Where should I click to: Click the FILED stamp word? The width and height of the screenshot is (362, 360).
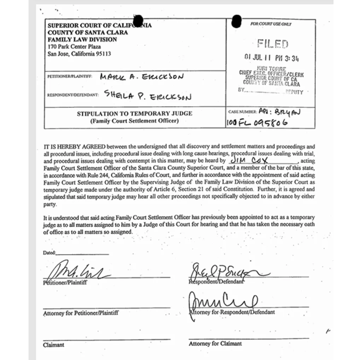pyautogui.click(x=273, y=44)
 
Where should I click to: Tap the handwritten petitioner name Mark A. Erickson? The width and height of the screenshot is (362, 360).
pyautogui.click(x=142, y=76)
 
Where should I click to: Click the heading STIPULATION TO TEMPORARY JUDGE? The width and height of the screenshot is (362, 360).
pyautogui.click(x=135, y=114)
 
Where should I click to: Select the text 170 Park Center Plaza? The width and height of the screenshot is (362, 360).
pyautogui.click(x=74, y=47)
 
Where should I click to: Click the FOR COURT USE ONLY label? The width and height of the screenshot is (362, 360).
pyautogui.click(x=271, y=24)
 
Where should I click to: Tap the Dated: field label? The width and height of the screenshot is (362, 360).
pyautogui.click(x=49, y=253)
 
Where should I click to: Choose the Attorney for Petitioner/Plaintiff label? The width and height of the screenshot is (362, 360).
pyautogui.click(x=81, y=313)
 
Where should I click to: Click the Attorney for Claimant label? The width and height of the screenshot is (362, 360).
pyautogui.click(x=215, y=343)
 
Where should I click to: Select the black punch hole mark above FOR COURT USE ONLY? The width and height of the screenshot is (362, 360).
pyautogui.click(x=236, y=21)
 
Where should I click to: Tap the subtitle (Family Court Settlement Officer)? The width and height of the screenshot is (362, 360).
pyautogui.click(x=134, y=121)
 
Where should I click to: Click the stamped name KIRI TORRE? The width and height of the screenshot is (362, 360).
pyautogui.click(x=277, y=69)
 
